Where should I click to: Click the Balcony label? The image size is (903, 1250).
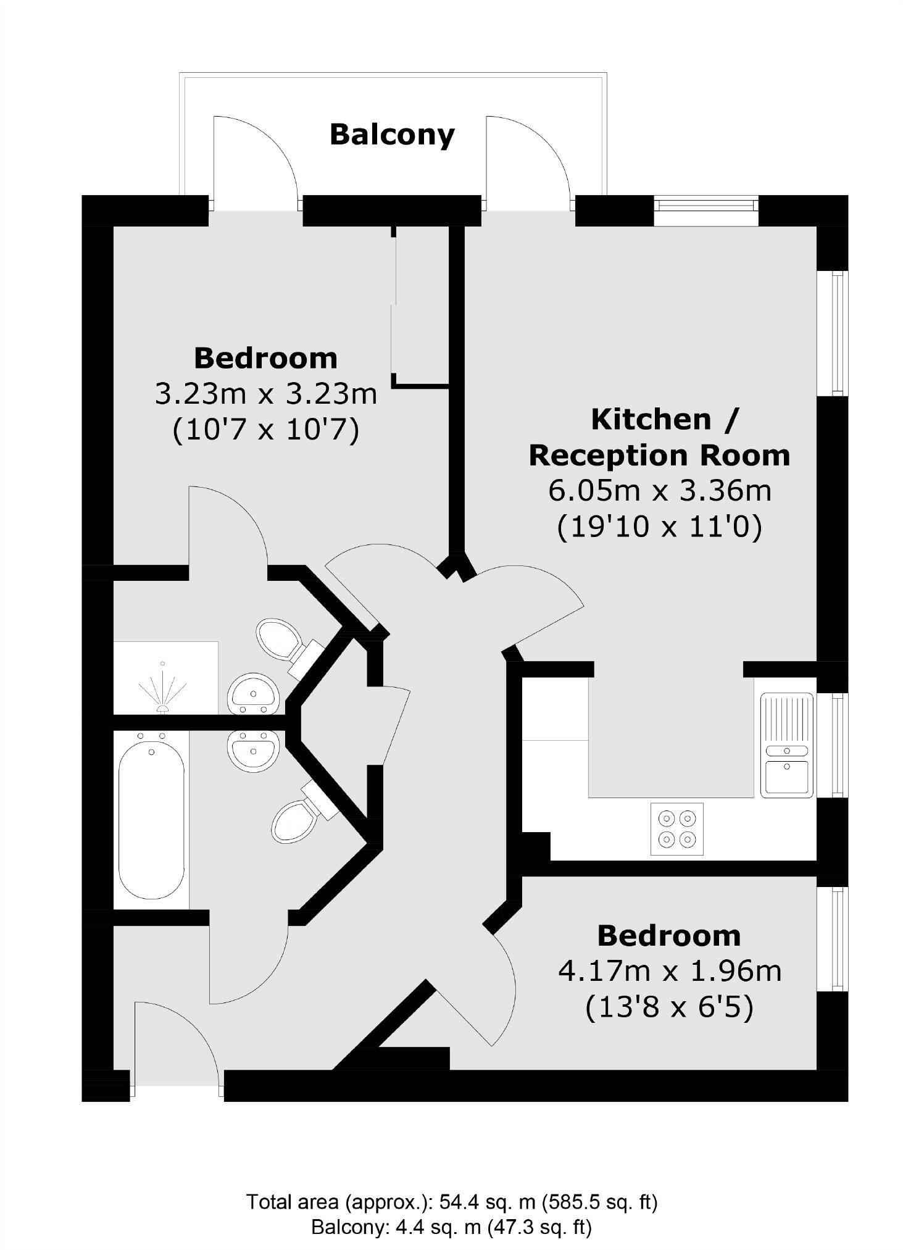coord(392,135)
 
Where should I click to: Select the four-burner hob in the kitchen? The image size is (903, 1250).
coord(676,828)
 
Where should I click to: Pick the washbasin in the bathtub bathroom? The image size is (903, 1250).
coord(254,749)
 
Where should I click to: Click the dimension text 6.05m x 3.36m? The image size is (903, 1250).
coord(659,491)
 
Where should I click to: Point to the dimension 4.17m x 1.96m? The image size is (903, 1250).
coord(669,970)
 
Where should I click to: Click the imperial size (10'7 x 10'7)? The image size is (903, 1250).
coord(265,430)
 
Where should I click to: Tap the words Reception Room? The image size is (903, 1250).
coord(659,456)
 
